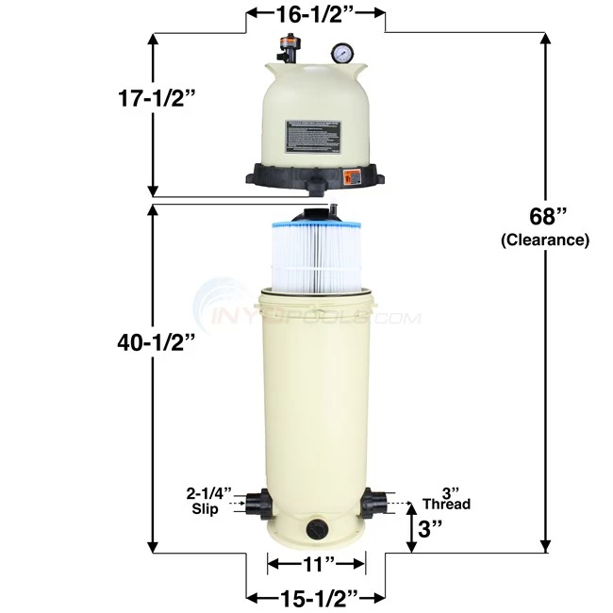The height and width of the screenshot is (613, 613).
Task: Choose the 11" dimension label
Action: click(x=315, y=564)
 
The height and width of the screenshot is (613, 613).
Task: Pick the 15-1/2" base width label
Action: click(x=315, y=596)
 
